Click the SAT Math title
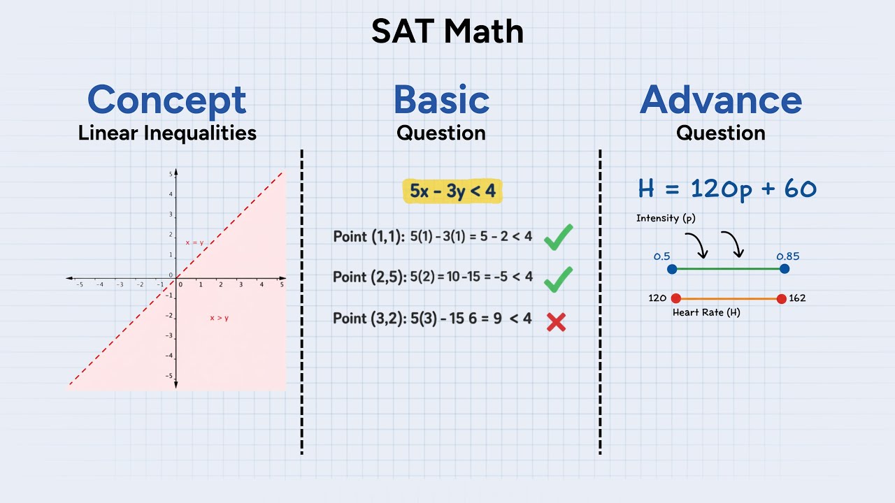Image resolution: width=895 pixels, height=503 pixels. click(x=447, y=32)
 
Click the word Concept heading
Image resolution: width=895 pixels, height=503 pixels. click(x=166, y=100)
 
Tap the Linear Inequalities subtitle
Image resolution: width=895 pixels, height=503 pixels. click(x=167, y=133)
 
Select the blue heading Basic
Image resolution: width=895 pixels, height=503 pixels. click(x=441, y=100)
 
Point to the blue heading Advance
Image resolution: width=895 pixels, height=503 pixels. click(x=720, y=100)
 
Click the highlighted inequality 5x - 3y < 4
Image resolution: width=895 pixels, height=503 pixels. click(x=452, y=191)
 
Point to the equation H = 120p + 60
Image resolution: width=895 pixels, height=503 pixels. click(x=727, y=189)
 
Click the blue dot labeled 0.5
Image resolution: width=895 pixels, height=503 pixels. click(x=672, y=269)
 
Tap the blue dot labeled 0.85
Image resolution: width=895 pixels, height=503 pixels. click(x=785, y=269)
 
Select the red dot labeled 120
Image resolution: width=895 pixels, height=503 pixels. click(x=675, y=298)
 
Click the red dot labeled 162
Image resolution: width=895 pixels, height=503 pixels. click(x=781, y=298)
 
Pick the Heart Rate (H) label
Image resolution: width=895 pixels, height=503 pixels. click(x=706, y=312)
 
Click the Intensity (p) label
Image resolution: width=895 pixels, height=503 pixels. click(x=667, y=219)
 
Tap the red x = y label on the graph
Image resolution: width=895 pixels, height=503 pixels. click(x=194, y=242)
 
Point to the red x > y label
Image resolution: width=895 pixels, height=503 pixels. click(x=220, y=318)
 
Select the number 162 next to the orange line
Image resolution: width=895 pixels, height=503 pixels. click(x=797, y=298)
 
